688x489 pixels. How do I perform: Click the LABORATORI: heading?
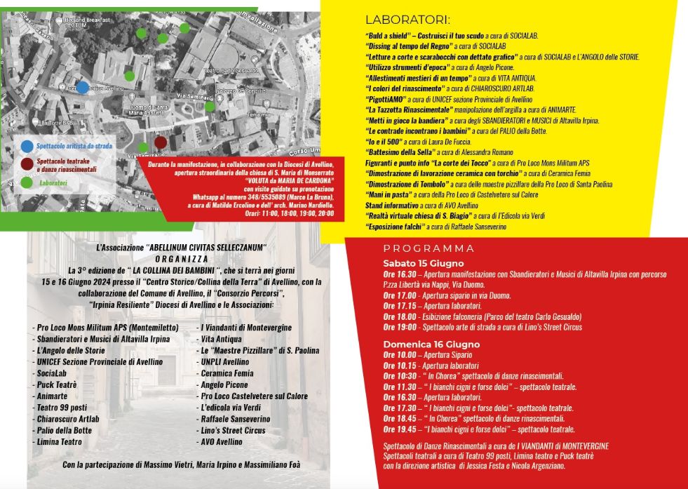coord(407,20)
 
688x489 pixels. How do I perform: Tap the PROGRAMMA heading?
coord(429,248)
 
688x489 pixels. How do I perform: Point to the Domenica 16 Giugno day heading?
coord(431,344)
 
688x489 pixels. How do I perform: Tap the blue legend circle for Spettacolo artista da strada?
coord(27,146)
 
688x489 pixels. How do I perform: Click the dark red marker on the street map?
coord(161,142)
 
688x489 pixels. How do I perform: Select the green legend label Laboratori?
coord(53,183)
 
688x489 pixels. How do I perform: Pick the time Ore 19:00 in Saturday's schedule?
coord(397,327)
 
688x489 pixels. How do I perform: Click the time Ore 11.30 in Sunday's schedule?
coord(397,387)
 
